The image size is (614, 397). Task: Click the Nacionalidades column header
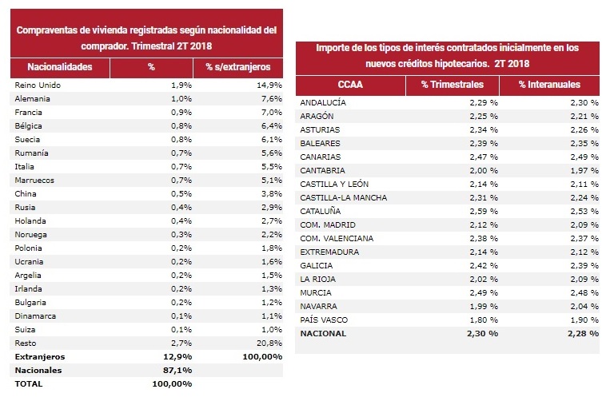[x=60, y=67]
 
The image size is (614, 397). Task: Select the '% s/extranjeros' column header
[x=237, y=67]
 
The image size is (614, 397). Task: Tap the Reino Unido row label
[x=38, y=85]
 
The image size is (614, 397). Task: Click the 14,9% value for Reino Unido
[x=269, y=85]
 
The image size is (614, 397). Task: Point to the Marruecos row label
[x=34, y=181]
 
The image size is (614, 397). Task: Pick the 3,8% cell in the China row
[x=272, y=193]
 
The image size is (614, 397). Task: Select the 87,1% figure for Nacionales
[x=177, y=370]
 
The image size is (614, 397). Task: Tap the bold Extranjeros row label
[x=40, y=357]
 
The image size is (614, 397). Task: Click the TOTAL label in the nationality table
[x=29, y=383]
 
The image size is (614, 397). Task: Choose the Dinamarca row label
[x=35, y=316]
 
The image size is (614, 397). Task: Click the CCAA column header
[x=350, y=85]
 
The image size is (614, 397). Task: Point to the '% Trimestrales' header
[x=453, y=85]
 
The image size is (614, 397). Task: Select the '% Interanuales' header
[x=549, y=85]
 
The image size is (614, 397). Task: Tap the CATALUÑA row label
[x=321, y=211]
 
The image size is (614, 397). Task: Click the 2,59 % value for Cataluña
[x=484, y=211]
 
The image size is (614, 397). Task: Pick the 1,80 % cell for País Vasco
[x=484, y=320]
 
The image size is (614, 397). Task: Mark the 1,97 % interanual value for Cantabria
[x=584, y=170]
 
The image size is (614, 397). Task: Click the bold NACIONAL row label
[x=323, y=334]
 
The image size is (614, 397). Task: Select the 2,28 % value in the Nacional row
[x=583, y=334]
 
